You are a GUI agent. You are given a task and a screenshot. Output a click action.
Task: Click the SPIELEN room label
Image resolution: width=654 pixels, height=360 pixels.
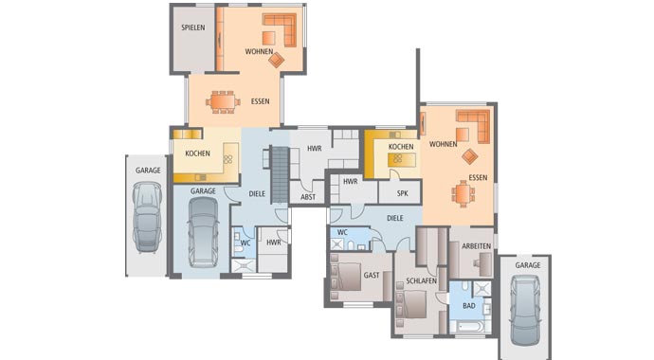tap(193, 27)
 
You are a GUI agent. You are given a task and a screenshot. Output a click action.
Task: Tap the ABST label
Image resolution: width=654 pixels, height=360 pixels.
tap(308, 196)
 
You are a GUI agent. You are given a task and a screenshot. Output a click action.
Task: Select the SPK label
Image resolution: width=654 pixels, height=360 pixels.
tap(401, 193)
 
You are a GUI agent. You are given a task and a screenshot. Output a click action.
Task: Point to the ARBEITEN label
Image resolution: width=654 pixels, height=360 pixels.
tap(477, 245)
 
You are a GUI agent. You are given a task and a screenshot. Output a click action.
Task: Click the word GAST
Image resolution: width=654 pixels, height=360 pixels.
tap(372, 275)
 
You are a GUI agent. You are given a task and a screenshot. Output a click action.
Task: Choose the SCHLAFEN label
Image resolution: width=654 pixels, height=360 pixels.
tap(421, 281)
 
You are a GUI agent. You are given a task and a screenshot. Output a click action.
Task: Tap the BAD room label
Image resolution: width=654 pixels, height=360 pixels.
tap(469, 306)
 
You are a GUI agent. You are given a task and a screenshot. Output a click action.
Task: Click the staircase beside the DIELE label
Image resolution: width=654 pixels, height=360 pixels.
tap(279, 174)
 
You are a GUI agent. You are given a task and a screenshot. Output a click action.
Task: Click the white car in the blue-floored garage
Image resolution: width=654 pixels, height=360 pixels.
tap(203, 235)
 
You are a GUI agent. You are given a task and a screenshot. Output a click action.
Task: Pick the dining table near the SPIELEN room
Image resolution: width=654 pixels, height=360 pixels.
tap(224, 100)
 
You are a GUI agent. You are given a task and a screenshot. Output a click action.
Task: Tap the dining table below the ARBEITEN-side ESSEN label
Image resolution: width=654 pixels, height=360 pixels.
tap(463, 194)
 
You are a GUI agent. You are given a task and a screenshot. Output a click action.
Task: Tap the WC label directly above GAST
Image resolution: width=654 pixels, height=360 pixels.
tap(342, 232)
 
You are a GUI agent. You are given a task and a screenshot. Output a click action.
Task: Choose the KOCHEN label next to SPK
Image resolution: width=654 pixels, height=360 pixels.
tap(401, 147)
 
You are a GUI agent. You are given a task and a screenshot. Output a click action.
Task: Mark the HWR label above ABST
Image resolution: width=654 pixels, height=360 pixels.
tap(314, 149)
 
